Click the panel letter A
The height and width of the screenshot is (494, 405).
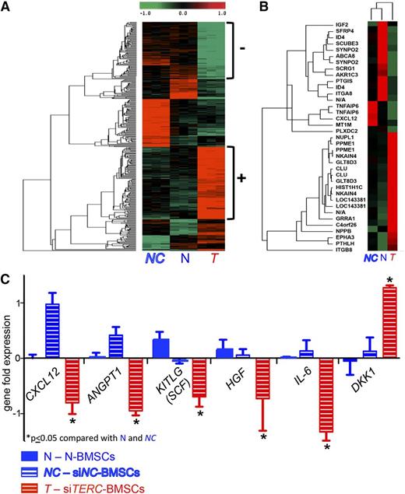click(x=7, y=7)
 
